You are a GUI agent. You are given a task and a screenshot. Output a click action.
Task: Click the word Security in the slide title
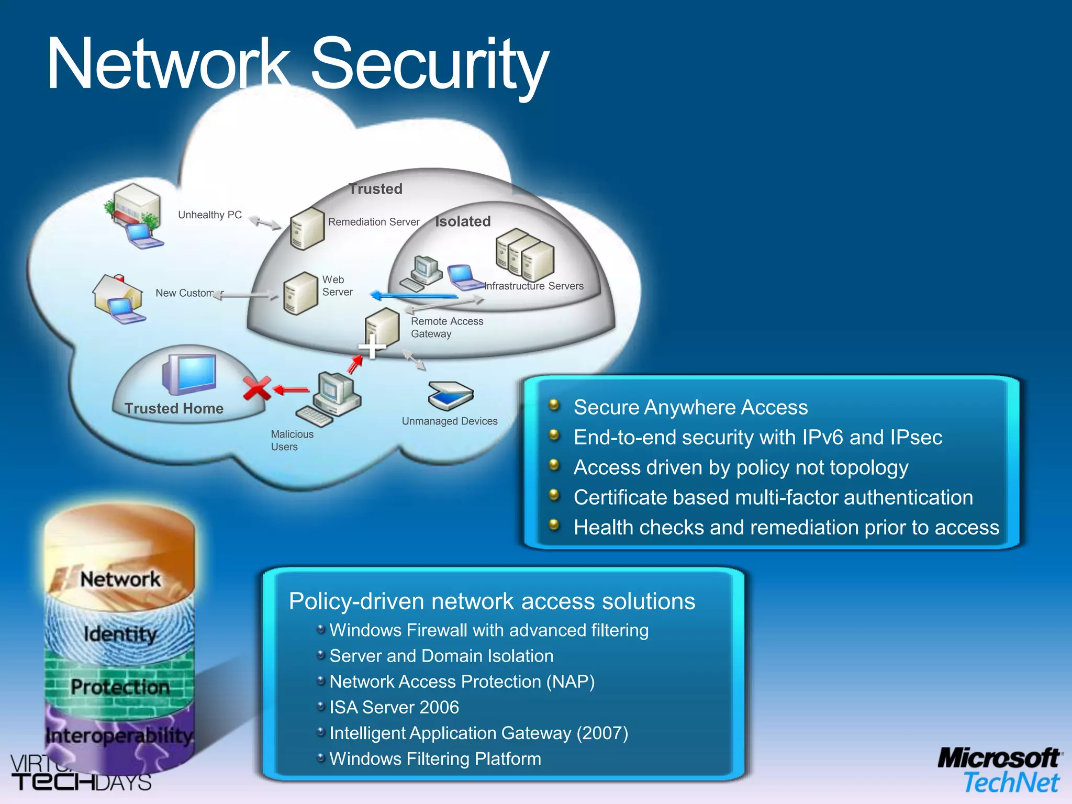tap(429, 65)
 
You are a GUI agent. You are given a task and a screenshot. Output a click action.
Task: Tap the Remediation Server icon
tap(307, 228)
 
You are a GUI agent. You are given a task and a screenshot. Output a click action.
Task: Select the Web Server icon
tap(300, 293)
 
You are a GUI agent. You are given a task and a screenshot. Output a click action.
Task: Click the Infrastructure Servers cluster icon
tap(524, 254)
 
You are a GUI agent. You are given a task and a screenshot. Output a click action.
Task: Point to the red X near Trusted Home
tap(256, 388)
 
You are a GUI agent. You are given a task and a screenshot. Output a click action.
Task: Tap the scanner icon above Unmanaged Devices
tap(450, 395)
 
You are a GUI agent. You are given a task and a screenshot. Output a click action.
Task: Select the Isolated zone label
tap(463, 221)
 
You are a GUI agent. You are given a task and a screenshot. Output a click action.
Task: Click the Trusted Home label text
tap(174, 408)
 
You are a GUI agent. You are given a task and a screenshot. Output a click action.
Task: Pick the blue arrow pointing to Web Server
tap(414, 296)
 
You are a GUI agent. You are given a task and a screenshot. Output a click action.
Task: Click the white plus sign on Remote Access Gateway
tap(372, 347)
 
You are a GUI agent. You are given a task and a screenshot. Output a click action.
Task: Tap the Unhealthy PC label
tap(209, 215)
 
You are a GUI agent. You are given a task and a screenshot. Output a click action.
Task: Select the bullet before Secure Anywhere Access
tap(554, 405)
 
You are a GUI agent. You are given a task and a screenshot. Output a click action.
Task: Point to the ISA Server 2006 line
tap(394, 707)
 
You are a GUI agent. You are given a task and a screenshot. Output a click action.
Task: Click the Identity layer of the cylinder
tap(120, 634)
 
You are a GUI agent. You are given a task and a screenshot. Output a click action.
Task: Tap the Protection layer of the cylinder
tap(120, 687)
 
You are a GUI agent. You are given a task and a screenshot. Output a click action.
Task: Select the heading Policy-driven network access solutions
tap(492, 601)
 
